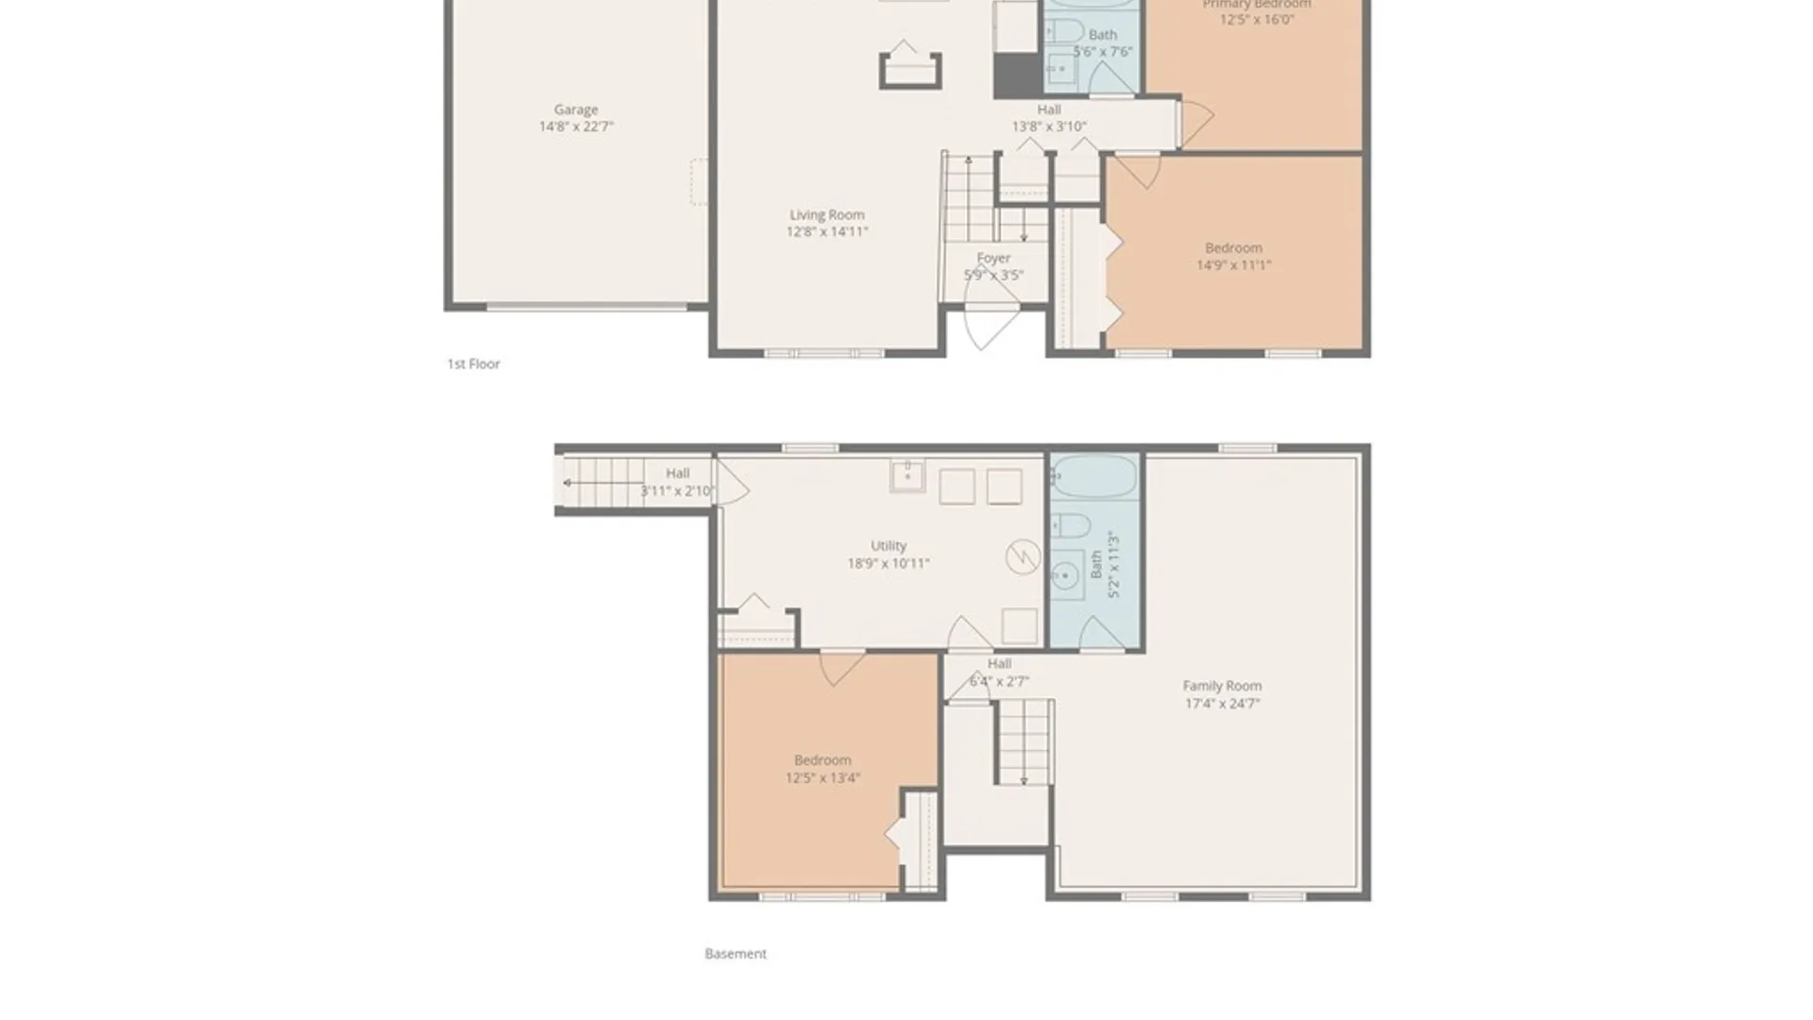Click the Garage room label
pyautogui.click(x=575, y=110)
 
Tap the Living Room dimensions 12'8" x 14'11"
pyautogui.click(x=826, y=232)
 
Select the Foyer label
pyautogui.click(x=992, y=258)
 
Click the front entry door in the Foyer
pyautogui.click(x=989, y=316)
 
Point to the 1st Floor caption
pyautogui.click(x=473, y=364)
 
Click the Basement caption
pyautogui.click(x=735, y=954)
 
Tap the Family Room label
pyautogui.click(x=1221, y=687)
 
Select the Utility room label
pyautogui.click(x=888, y=546)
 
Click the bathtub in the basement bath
pyautogui.click(x=1095, y=477)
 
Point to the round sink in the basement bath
pyautogui.click(x=1066, y=574)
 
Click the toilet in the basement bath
pyautogui.click(x=1070, y=525)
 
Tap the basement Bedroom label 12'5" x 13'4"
pyautogui.click(x=822, y=769)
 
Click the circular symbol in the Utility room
pyautogui.click(x=1023, y=557)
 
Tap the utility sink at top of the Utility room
pyautogui.click(x=906, y=476)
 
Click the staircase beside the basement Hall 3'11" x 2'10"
pyautogui.click(x=604, y=484)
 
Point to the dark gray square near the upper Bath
pyautogui.click(x=1016, y=76)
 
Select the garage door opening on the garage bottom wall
pyautogui.click(x=585, y=307)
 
